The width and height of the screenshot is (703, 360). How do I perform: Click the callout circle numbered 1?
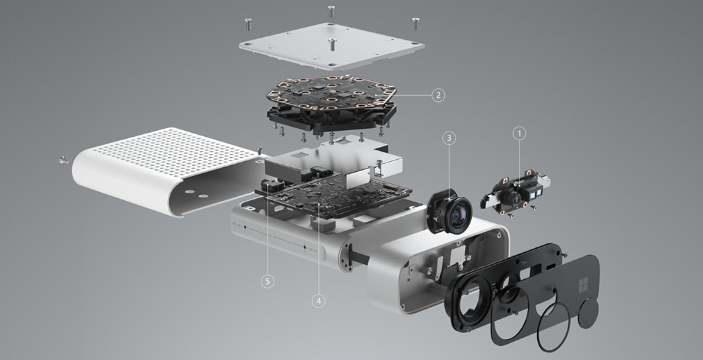(520, 133)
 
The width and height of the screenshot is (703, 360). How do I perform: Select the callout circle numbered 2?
(438, 95)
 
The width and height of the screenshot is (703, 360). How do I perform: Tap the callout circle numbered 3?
(449, 138)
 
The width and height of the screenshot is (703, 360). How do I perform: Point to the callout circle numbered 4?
(318, 301)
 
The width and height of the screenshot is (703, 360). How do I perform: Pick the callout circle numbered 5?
(268, 281)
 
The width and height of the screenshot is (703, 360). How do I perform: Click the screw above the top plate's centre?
(332, 11)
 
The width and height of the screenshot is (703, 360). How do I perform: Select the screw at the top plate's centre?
(332, 44)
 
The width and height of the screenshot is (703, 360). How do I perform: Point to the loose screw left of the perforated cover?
(63, 158)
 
